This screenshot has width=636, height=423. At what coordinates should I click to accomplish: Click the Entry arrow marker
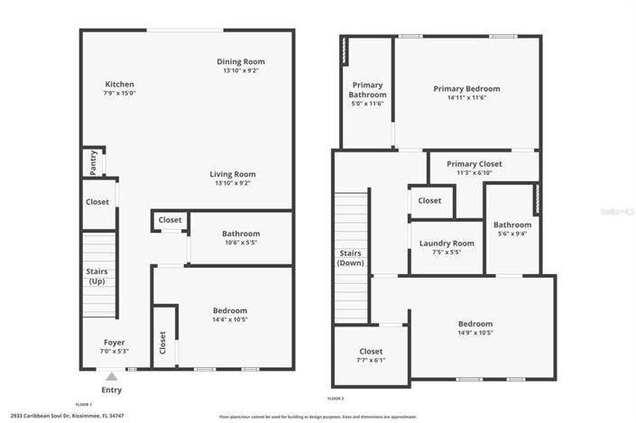click(x=111, y=376)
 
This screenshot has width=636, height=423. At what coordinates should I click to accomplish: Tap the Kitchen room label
click(x=119, y=84)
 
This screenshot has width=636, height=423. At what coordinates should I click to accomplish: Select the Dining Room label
click(x=244, y=61)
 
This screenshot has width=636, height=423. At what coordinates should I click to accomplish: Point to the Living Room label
click(x=233, y=174)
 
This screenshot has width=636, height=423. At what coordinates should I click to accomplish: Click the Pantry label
click(x=93, y=162)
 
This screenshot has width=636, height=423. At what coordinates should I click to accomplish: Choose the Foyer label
click(x=114, y=342)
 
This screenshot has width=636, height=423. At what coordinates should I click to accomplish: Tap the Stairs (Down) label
click(x=350, y=258)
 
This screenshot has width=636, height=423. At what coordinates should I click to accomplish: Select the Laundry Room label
click(x=447, y=244)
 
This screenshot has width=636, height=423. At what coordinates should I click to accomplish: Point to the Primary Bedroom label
click(x=466, y=88)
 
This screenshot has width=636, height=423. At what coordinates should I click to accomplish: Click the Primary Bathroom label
click(x=368, y=89)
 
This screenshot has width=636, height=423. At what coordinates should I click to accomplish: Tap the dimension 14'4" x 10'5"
click(x=230, y=319)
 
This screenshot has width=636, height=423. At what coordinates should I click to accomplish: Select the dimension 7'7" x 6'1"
click(x=371, y=360)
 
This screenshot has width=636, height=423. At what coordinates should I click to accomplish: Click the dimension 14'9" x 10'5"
click(x=475, y=333)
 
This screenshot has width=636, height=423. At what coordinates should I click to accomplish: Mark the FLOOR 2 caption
click(x=336, y=398)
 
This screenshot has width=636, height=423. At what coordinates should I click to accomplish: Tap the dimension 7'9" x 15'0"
click(x=119, y=94)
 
